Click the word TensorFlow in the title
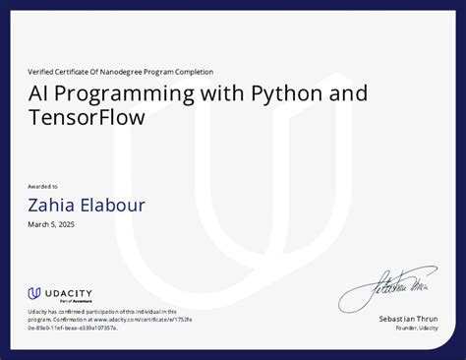coord(86,119)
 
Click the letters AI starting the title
coord(38,93)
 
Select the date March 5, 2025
coord(51,225)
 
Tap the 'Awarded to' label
coord(42,186)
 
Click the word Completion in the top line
coord(192,72)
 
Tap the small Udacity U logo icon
coord(33,293)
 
